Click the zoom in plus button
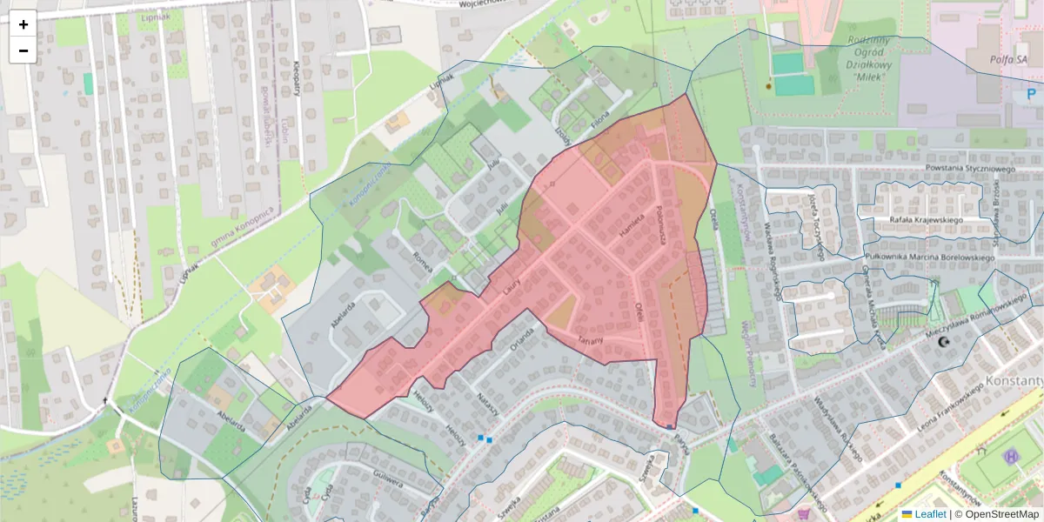[x=23, y=24]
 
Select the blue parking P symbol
[x=1032, y=94]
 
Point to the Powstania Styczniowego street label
[x=971, y=168]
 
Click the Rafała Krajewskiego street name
[x=926, y=220]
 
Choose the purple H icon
[x=1011, y=456]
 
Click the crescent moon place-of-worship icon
[x=944, y=344]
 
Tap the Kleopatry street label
[x=297, y=77]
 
